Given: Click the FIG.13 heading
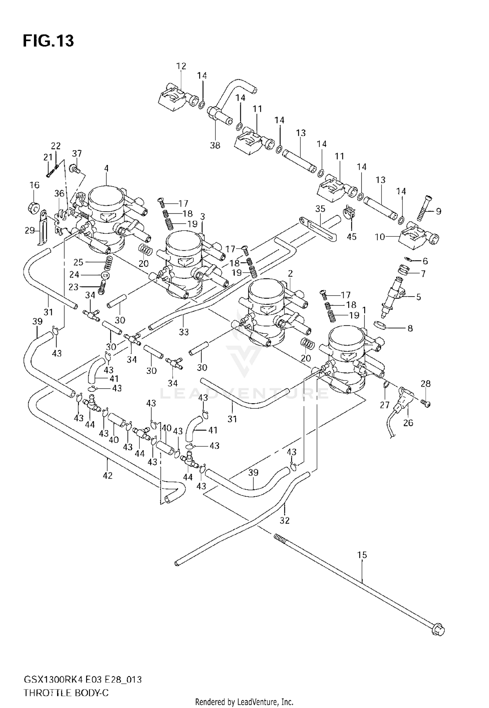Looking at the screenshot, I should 48,41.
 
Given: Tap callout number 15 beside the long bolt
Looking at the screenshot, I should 362,555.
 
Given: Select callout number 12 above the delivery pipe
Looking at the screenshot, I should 181,66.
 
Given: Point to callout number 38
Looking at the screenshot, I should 215,145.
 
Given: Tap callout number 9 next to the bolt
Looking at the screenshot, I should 438,211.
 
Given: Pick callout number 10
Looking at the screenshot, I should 380,237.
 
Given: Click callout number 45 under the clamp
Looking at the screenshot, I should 351,237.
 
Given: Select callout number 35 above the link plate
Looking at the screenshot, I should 320,209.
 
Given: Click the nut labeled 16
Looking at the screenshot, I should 33,208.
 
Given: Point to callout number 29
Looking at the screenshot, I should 29,230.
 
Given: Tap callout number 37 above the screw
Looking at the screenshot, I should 77,154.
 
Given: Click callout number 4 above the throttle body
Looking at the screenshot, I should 106,169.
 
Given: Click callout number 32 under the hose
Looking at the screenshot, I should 284,521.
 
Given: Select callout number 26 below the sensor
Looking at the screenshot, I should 408,423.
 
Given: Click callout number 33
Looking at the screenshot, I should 184,332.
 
